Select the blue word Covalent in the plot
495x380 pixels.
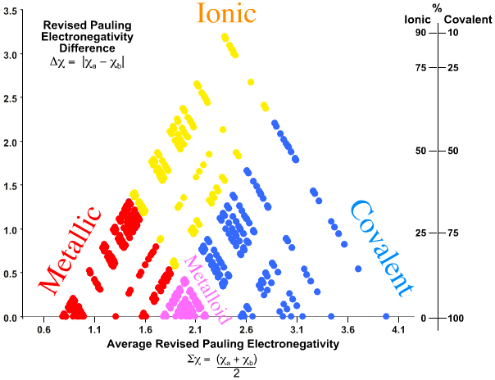point(379,247)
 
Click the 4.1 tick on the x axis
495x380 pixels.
point(399,329)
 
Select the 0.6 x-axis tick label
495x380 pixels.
point(44,329)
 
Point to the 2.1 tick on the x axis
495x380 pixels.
point(196,329)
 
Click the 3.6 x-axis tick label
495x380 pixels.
point(348,329)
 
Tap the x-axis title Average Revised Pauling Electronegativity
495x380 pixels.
point(222,345)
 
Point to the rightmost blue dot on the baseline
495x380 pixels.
point(386,316)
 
